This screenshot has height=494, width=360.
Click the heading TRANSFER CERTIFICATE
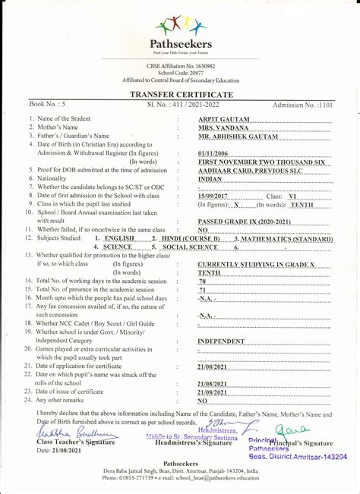pos(180,93)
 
